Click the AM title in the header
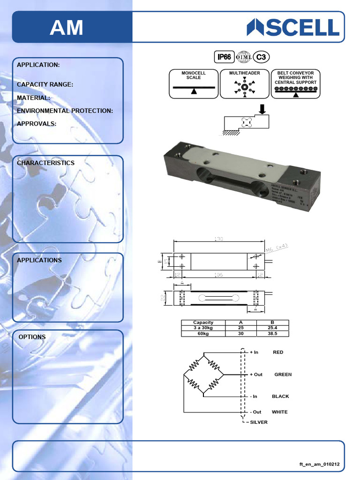click(67, 28)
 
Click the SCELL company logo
click(293, 27)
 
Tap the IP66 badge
click(224, 57)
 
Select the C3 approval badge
click(262, 57)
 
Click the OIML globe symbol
click(244, 57)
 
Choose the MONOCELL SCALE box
click(194, 84)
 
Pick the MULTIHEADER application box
click(245, 84)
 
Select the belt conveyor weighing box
click(295, 84)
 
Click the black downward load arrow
click(262, 109)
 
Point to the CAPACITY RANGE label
click(45, 85)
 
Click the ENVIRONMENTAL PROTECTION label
click(65, 111)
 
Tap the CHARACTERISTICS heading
click(45, 163)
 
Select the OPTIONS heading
click(32, 337)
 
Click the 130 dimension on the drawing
click(218, 239)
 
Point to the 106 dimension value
click(218, 275)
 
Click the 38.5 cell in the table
click(273, 333)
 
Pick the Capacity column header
click(203, 322)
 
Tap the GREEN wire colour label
click(283, 375)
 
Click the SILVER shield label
click(259, 422)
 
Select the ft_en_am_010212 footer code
click(319, 464)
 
